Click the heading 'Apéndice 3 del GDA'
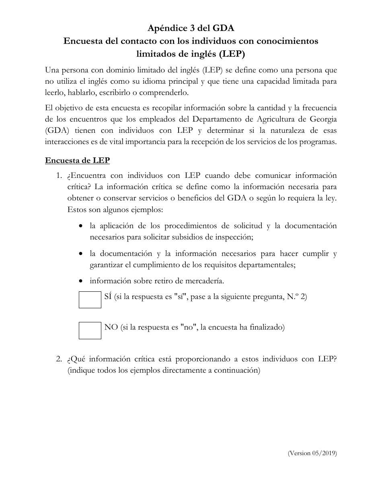click(x=191, y=28)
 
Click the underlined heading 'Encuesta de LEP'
click(x=77, y=160)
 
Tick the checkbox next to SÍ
click(x=90, y=300)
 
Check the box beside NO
click(x=90, y=330)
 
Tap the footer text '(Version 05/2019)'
click(x=312, y=453)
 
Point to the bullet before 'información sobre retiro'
click(x=81, y=281)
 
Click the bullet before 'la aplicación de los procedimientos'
click(x=81, y=226)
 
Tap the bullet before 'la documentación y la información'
click(x=81, y=254)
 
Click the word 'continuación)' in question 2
click(x=237, y=371)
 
